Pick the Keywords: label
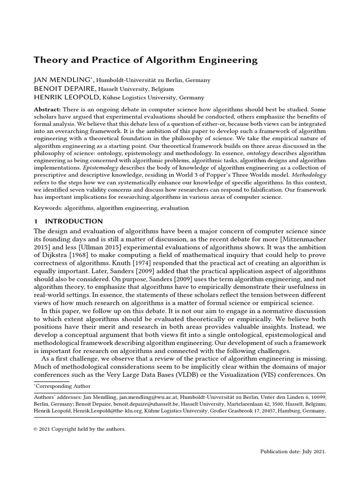(x=49, y=208)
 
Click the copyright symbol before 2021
(x=36, y=429)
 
